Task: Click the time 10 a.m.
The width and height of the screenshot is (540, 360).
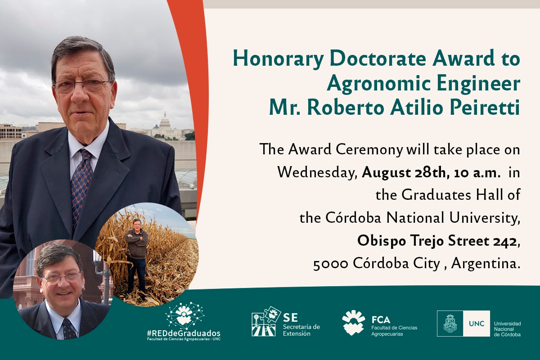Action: pyautogui.click(x=477, y=173)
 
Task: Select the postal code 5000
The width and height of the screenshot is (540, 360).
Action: pyautogui.click(x=330, y=264)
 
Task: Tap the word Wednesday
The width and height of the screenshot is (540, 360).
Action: pyautogui.click(x=317, y=173)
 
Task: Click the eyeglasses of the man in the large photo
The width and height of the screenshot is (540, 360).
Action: pyautogui.click(x=82, y=85)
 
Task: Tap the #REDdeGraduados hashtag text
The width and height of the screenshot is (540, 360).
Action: pyautogui.click(x=184, y=333)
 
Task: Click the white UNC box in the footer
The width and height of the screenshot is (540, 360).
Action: pyautogui.click(x=477, y=324)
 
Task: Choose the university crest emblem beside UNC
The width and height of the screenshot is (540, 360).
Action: pyautogui.click(x=450, y=324)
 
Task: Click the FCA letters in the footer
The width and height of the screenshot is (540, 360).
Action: pyautogui.click(x=381, y=320)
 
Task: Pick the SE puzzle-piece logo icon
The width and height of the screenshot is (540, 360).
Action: pyautogui.click(x=266, y=321)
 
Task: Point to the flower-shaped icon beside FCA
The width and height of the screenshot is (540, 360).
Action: pyautogui.click(x=354, y=322)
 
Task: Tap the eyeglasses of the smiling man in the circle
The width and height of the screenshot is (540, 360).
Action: pyautogui.click(x=62, y=277)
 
